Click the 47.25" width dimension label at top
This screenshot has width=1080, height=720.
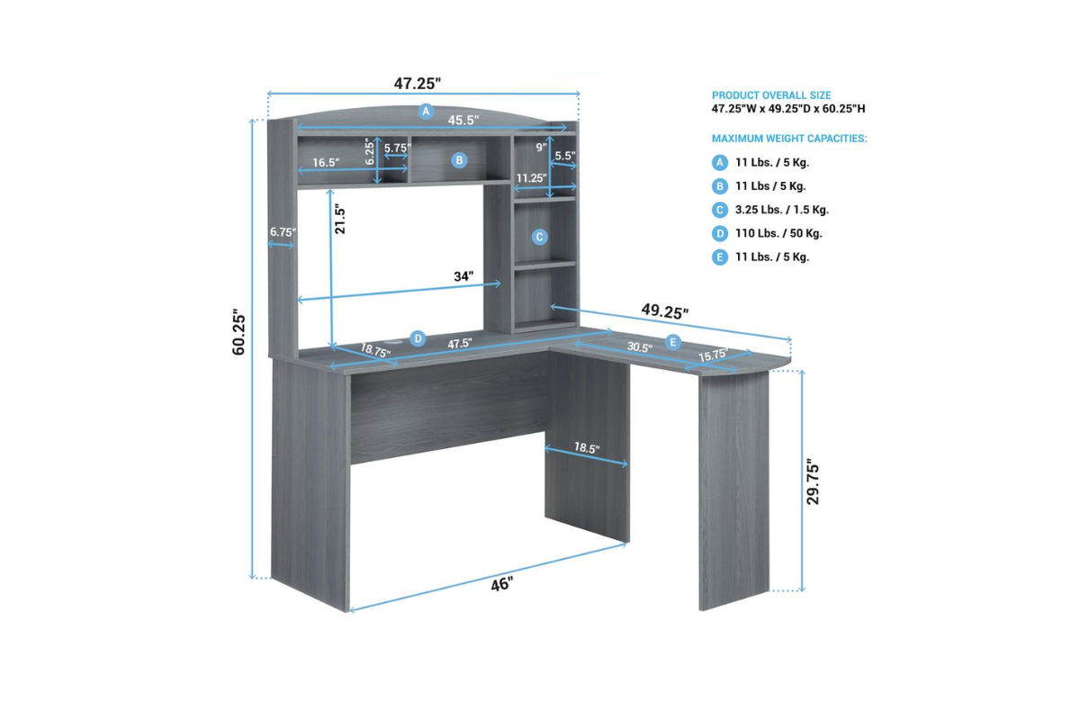click(x=417, y=84)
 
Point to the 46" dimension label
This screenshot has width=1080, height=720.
click(x=502, y=584)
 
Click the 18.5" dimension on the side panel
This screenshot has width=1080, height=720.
click(x=587, y=448)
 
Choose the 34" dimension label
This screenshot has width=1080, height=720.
click(x=463, y=276)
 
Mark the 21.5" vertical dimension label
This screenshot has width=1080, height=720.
click(x=340, y=220)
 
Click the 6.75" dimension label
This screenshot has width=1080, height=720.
click(x=283, y=232)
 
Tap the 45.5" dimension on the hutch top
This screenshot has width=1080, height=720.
click(x=463, y=120)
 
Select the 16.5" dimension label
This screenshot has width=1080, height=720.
click(x=326, y=163)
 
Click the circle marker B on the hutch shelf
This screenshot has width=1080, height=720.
click(x=460, y=160)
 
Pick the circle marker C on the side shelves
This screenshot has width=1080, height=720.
click(x=539, y=237)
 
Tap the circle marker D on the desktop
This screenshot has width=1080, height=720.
click(x=418, y=338)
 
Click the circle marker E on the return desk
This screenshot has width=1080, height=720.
click(x=672, y=342)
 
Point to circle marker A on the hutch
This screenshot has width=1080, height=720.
click(x=426, y=112)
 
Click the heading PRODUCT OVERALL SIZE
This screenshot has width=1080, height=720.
click(x=771, y=95)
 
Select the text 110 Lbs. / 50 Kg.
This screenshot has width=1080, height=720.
click(x=778, y=233)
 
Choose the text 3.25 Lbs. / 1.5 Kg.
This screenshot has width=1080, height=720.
click(x=782, y=210)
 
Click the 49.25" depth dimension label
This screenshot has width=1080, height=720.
click(x=665, y=311)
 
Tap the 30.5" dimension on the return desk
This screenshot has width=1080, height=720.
click(x=639, y=347)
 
